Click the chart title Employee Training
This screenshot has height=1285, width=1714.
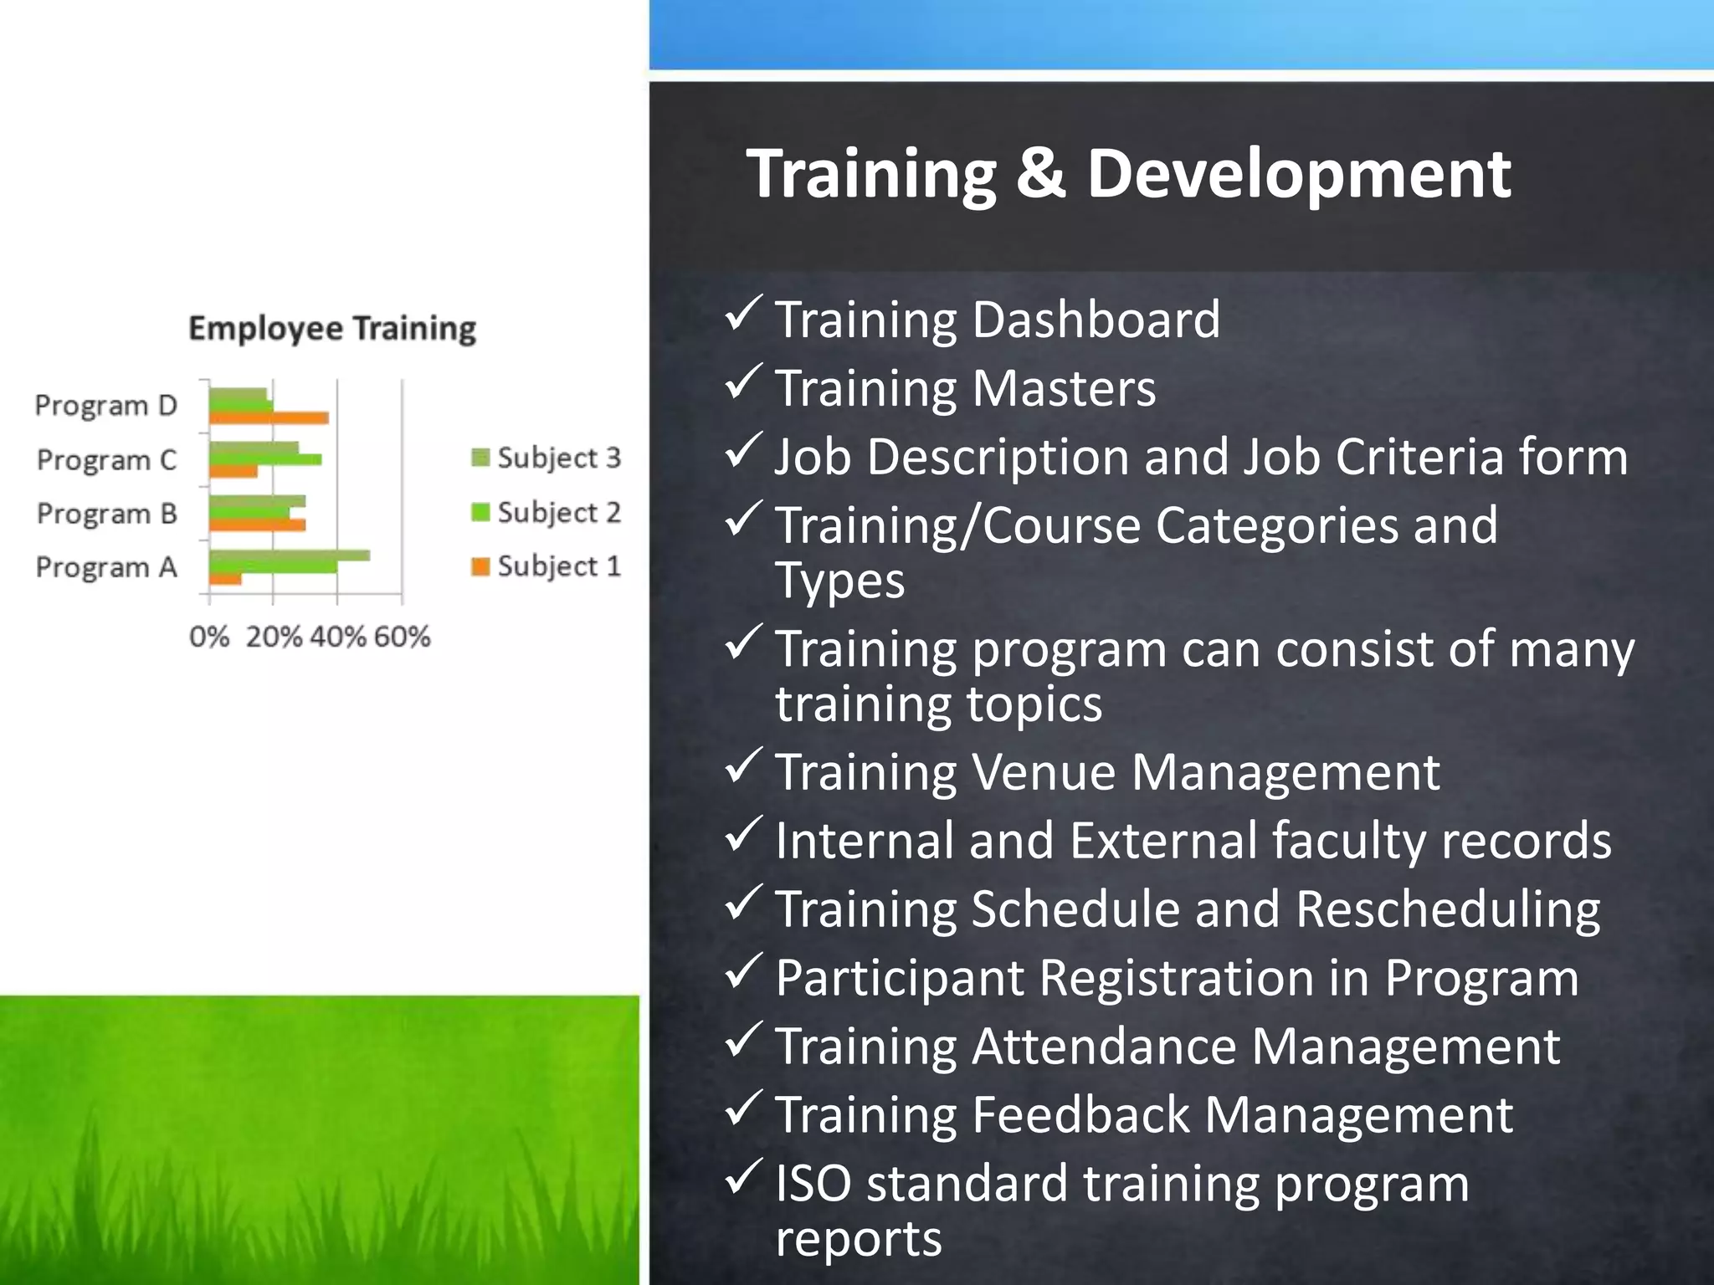(x=331, y=328)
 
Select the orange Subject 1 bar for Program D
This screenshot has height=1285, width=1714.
(x=268, y=417)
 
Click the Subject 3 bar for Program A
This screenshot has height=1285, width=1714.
(x=289, y=555)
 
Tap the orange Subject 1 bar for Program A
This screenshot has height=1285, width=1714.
(x=225, y=578)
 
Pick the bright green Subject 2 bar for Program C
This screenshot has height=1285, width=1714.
(x=264, y=459)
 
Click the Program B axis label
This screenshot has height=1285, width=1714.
(x=106, y=513)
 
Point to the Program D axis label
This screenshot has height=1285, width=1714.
(x=105, y=406)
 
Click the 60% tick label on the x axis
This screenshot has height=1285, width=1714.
(x=402, y=637)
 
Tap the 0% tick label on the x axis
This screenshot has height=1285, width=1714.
(x=208, y=637)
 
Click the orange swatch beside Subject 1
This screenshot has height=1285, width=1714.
(x=480, y=566)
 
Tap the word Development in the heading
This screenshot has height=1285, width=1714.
(x=1298, y=174)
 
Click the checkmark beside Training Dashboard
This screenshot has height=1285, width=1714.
(x=742, y=314)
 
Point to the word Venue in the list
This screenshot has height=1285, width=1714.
(x=1044, y=771)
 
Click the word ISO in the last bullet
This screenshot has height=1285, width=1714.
(x=813, y=1183)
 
